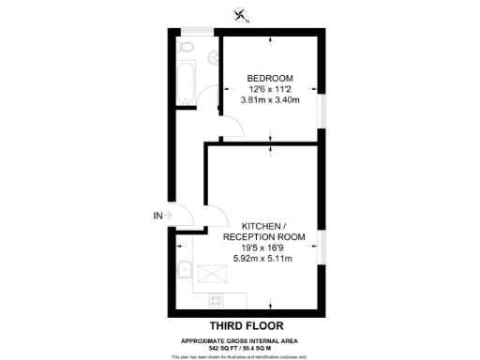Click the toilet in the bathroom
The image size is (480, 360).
click(186, 47)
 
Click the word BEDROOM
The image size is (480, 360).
click(270, 77)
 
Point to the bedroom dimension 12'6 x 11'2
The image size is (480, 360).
click(270, 88)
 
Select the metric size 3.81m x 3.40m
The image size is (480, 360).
click(270, 99)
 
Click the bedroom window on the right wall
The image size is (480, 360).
click(322, 111)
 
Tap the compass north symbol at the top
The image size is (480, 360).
click(243, 14)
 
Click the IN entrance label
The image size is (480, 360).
click(157, 216)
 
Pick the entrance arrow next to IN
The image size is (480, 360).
click(169, 216)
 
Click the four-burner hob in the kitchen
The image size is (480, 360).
click(217, 301)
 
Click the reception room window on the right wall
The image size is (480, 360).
click(322, 246)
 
